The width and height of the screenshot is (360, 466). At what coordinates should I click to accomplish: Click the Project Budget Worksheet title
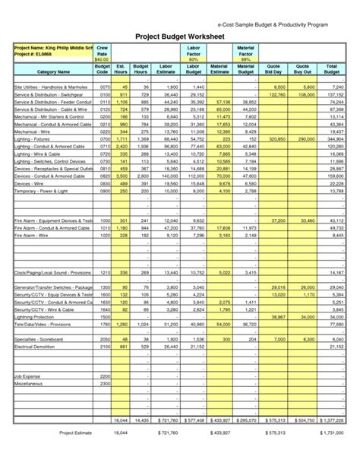[180, 36]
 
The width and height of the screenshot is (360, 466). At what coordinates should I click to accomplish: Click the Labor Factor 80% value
[193, 59]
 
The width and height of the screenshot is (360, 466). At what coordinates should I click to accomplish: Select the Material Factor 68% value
[245, 59]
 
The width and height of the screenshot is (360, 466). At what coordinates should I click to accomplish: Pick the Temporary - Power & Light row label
[42, 191]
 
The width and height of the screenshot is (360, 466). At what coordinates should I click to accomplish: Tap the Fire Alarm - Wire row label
[32, 236]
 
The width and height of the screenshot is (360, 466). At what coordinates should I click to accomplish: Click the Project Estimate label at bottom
[75, 433]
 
